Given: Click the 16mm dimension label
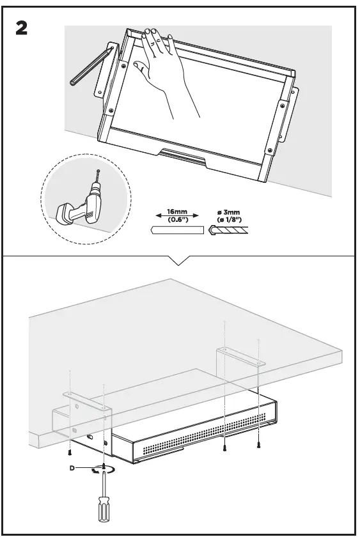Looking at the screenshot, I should [x=176, y=212].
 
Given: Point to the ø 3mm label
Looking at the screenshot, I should [x=228, y=212].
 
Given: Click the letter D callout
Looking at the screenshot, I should [x=72, y=468].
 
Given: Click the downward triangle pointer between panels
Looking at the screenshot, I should [x=180, y=260].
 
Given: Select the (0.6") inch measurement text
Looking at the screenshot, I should [x=176, y=219].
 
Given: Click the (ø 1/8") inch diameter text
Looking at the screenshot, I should [x=228, y=219].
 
